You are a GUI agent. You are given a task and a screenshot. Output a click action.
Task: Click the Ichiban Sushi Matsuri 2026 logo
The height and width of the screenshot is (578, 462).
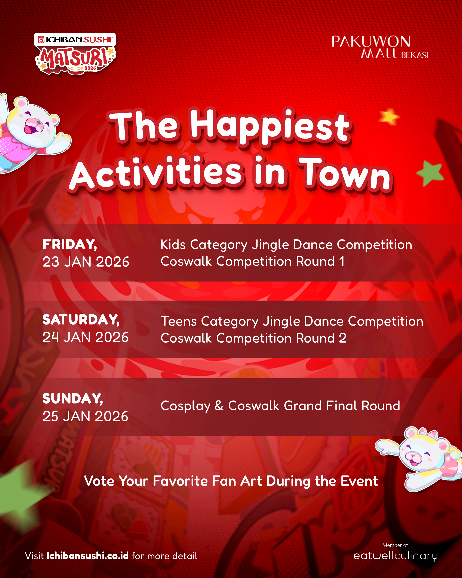tap(75, 54)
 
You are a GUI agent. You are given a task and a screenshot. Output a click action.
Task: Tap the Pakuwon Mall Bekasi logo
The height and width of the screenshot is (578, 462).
tap(380, 47)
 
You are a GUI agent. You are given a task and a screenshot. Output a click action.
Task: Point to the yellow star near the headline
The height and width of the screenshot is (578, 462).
tap(389, 117)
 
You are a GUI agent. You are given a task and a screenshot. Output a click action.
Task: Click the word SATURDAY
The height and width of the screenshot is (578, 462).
tap(81, 320)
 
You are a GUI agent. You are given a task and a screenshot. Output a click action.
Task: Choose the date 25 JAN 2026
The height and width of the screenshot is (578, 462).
tap(85, 416)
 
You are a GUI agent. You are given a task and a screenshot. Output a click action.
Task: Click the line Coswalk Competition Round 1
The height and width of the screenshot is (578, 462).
tap(253, 261)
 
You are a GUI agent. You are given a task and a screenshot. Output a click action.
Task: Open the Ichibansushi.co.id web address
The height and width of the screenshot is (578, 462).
tap(87, 556)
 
